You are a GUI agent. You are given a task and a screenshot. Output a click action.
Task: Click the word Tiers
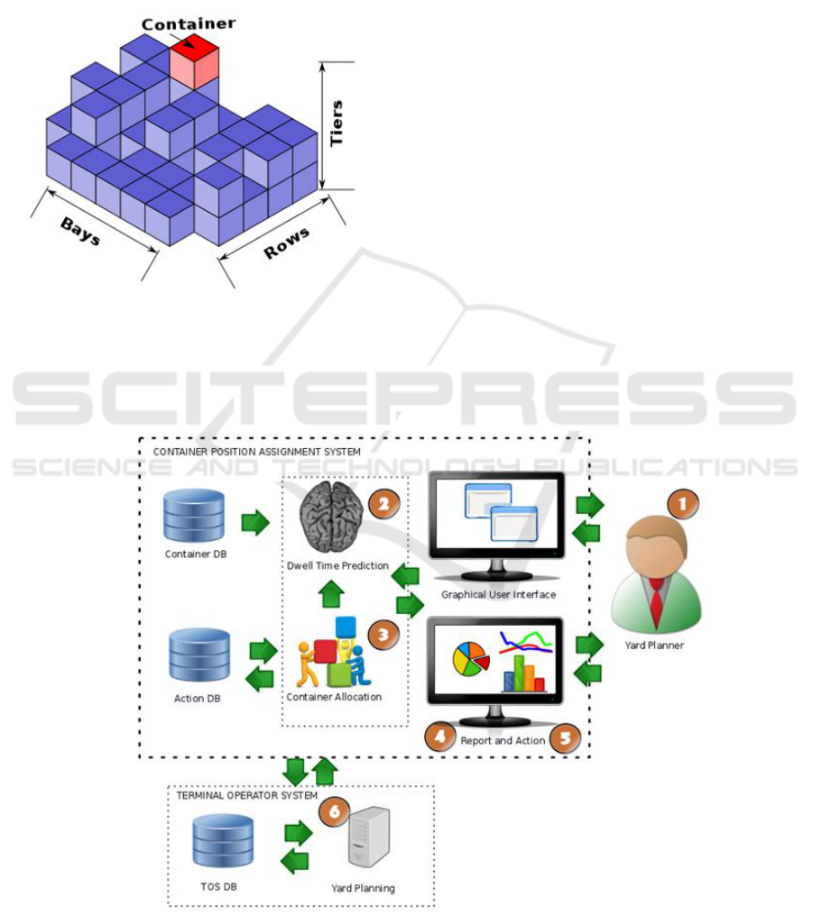point(337,124)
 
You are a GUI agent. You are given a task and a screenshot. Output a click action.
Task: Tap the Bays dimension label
point(80,232)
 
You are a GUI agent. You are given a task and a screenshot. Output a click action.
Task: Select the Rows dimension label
point(287,243)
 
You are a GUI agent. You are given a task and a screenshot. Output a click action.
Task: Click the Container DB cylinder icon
point(195,515)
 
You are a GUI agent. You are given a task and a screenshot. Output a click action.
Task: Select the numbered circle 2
point(383,504)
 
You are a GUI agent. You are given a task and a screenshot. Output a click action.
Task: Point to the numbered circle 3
point(382,635)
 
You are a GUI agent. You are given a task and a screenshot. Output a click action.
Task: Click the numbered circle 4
point(439,737)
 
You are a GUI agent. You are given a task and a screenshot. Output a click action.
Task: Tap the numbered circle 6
point(333,811)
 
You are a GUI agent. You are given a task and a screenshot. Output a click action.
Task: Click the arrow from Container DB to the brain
point(255,522)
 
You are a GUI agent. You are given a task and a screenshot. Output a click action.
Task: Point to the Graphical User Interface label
point(497,595)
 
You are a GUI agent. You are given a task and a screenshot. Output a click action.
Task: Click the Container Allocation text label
point(333,697)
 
